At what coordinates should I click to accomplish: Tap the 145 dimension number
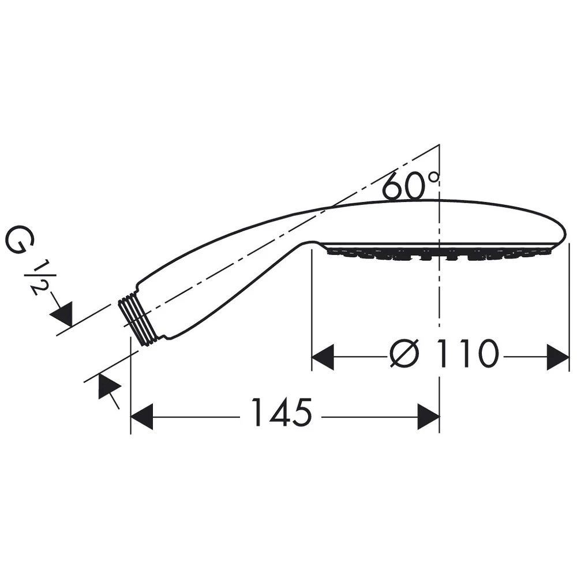tap(281, 412)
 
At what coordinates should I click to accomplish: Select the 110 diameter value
tap(467, 354)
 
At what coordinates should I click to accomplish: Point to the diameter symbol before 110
tap(404, 354)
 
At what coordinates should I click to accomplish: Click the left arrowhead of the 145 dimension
tap(142, 417)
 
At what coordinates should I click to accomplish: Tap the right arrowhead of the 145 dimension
tap(428, 417)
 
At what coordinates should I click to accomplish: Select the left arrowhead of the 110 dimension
tap(323, 357)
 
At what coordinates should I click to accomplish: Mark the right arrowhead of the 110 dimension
tap(558, 357)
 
